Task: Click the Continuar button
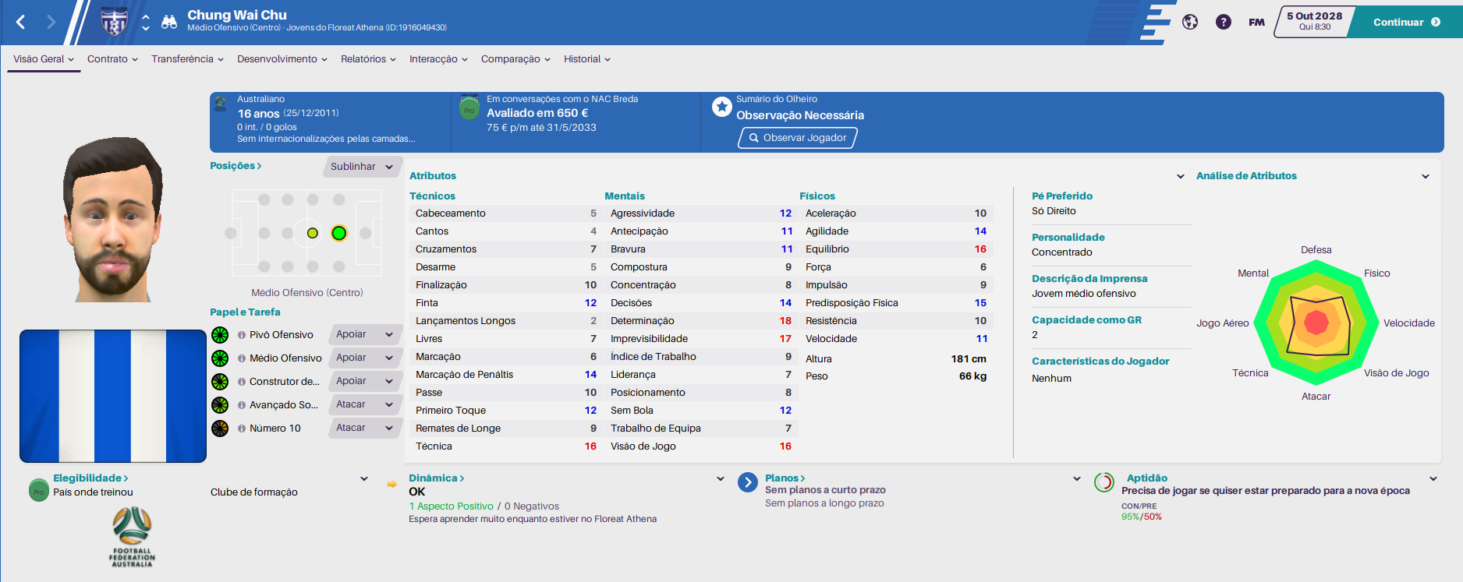coord(1406,22)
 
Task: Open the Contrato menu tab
coord(112,59)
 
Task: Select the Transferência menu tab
coord(187,59)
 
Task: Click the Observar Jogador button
coord(798,138)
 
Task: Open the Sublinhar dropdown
coord(363,167)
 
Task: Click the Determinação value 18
coord(785,321)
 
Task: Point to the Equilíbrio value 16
coord(980,249)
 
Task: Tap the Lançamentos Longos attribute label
coord(466,321)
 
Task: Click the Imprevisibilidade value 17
coord(785,339)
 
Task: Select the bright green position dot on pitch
coord(338,233)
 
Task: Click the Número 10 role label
coord(275,429)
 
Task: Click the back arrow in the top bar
coord(21,22)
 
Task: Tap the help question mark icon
coord(1224,22)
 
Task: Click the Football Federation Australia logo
coord(132,537)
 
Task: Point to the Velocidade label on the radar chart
coord(1408,323)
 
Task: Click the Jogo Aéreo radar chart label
coord(1223,323)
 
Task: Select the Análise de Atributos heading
coord(1246,176)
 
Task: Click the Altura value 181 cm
coord(969,359)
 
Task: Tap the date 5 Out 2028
coord(1315,16)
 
